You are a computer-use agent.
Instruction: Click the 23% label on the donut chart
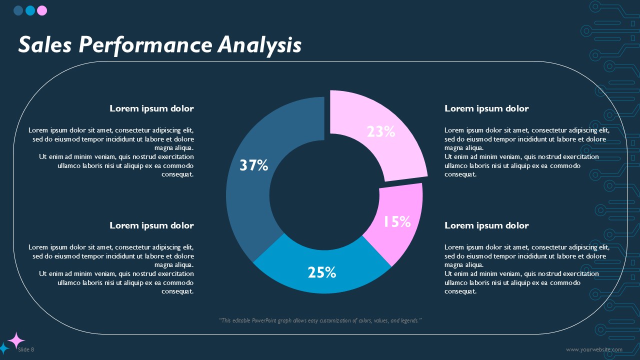[381, 131]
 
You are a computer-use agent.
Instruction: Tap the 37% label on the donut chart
[254, 165]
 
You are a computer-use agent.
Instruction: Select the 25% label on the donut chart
[322, 272]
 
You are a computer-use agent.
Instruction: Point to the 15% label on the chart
[397, 222]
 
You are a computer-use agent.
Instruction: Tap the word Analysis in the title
[259, 45]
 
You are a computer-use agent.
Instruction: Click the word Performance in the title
[145, 45]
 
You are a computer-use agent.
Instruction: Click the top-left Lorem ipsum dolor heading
[151, 108]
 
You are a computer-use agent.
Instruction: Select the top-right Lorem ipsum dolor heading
[486, 108]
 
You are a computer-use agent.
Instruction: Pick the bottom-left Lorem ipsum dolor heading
[151, 225]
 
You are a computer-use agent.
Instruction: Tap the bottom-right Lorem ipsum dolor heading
[486, 225]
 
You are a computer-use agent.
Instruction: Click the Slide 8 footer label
[26, 349]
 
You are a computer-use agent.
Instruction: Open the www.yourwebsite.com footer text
[594, 349]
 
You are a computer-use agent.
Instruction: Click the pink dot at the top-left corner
[42, 10]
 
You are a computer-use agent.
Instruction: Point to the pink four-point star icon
[16, 340]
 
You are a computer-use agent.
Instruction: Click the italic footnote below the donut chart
[320, 320]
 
